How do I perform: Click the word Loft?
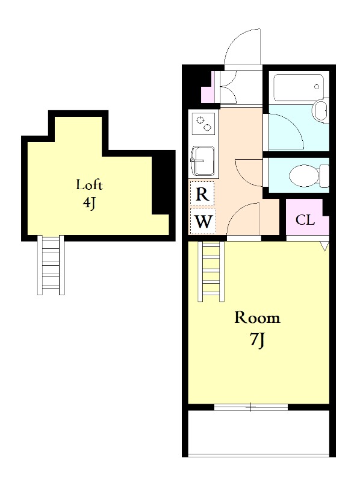(89, 185)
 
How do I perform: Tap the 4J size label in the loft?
(89, 202)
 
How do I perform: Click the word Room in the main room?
(258, 318)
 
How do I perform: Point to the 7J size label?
(258, 340)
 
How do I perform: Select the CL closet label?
(305, 220)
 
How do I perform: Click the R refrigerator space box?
(202, 193)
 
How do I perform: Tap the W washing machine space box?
(203, 221)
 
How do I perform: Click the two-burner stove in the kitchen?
(203, 124)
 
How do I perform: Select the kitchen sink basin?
(202, 161)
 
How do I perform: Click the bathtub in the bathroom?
(298, 87)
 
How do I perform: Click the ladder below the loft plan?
(51, 265)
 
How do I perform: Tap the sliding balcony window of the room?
(251, 407)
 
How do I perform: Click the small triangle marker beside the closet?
(324, 246)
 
